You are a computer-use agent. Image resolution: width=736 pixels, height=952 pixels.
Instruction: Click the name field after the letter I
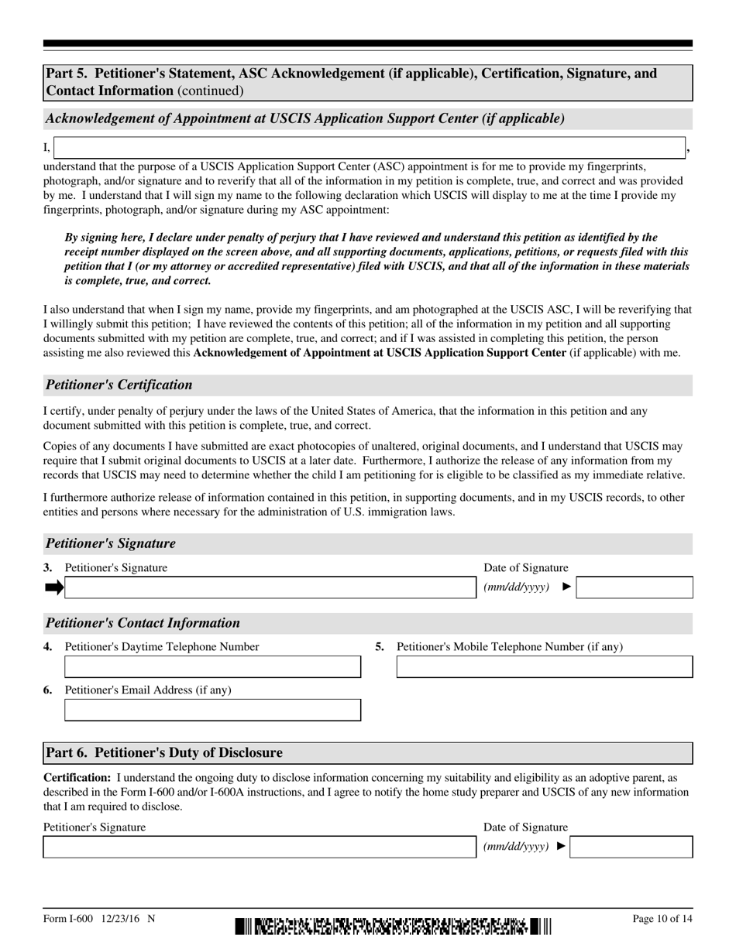370,148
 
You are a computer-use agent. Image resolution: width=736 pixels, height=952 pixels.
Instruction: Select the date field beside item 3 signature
635,587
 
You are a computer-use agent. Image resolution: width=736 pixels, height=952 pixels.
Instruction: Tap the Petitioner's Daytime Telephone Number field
212,666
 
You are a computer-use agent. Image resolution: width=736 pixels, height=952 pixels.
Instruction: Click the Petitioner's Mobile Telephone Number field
545,666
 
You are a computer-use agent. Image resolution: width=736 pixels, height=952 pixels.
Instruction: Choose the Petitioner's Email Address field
212,710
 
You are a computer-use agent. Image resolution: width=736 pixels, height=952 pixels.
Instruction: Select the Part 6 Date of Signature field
631,847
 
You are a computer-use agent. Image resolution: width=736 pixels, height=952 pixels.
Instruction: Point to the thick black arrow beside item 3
54,587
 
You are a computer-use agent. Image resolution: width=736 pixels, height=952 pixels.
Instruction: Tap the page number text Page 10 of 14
662,919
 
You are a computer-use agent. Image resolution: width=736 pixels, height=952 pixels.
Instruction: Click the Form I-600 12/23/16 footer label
99,919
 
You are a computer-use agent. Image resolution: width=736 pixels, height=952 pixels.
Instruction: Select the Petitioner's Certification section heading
119,385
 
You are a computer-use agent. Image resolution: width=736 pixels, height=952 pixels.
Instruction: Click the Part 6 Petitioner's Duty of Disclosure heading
164,752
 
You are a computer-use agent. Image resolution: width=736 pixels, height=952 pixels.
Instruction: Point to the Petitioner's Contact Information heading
143,623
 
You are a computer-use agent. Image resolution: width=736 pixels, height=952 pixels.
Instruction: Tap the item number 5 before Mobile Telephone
380,646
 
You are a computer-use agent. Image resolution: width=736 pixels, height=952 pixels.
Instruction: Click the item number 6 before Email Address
48,690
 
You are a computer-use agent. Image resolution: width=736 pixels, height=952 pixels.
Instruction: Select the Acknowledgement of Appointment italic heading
304,118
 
